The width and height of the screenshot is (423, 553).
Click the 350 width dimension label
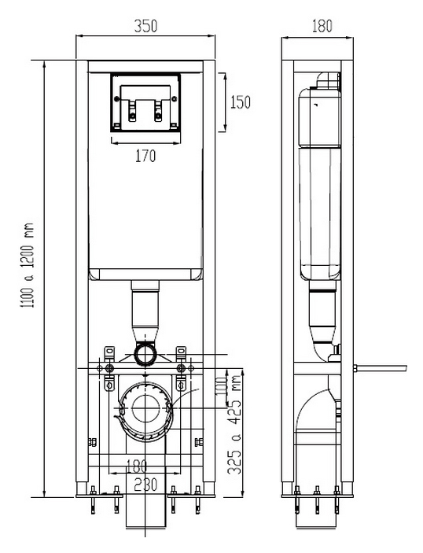point(145,26)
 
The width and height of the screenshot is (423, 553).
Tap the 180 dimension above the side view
point(322,26)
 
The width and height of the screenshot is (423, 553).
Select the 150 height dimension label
point(241,102)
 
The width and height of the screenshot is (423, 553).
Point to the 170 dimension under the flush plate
point(145,156)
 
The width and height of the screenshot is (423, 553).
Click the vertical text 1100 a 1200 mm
point(28,265)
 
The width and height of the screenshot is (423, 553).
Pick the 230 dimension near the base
point(145,485)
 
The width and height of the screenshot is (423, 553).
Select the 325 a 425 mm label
point(235,425)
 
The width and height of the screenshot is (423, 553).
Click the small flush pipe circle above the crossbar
point(145,354)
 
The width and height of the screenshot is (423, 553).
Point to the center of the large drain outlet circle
point(145,408)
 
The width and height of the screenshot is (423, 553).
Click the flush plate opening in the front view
point(145,102)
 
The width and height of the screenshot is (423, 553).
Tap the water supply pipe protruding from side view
point(380,368)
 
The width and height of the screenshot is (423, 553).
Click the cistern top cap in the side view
point(329,81)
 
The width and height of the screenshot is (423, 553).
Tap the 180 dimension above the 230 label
point(137,466)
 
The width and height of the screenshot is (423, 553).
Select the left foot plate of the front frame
point(99,496)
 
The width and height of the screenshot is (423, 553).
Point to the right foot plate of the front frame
point(191,496)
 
